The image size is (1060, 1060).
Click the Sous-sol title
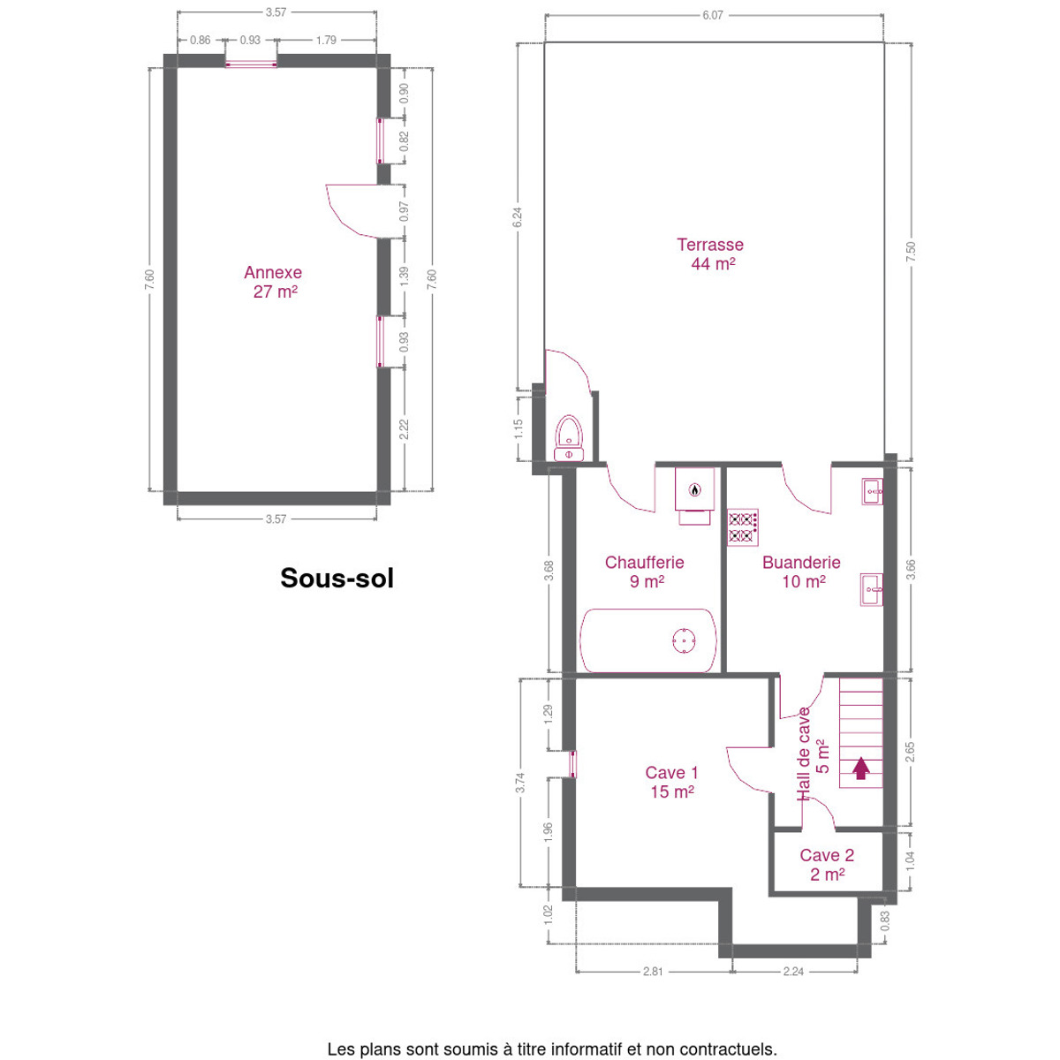tap(337, 578)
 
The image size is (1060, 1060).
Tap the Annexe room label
tap(273, 282)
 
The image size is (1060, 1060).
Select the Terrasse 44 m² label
tap(711, 254)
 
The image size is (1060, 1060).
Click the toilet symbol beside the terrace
tap(569, 438)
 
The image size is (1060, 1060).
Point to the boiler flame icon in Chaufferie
tap(695, 489)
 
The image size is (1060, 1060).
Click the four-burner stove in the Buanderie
tap(743, 527)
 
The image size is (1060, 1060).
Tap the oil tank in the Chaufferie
tap(648, 640)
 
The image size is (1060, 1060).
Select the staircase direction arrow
tap(861, 768)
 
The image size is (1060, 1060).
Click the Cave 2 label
tap(827, 864)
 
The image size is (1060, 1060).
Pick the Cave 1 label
tap(671, 783)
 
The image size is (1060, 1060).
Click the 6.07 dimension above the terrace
tap(713, 15)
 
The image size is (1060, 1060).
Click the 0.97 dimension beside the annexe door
tap(405, 212)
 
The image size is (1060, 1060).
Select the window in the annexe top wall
tap(251, 64)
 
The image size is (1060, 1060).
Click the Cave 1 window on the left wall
tap(572, 764)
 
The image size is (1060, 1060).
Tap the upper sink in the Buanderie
tap(872, 491)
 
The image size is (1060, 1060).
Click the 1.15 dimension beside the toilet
tap(519, 429)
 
